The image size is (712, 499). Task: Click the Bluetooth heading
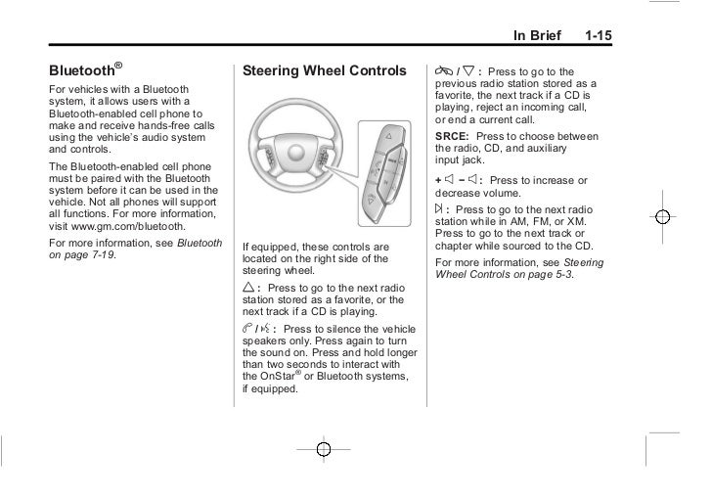[x=84, y=71]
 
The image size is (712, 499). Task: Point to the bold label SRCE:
[x=452, y=137]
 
